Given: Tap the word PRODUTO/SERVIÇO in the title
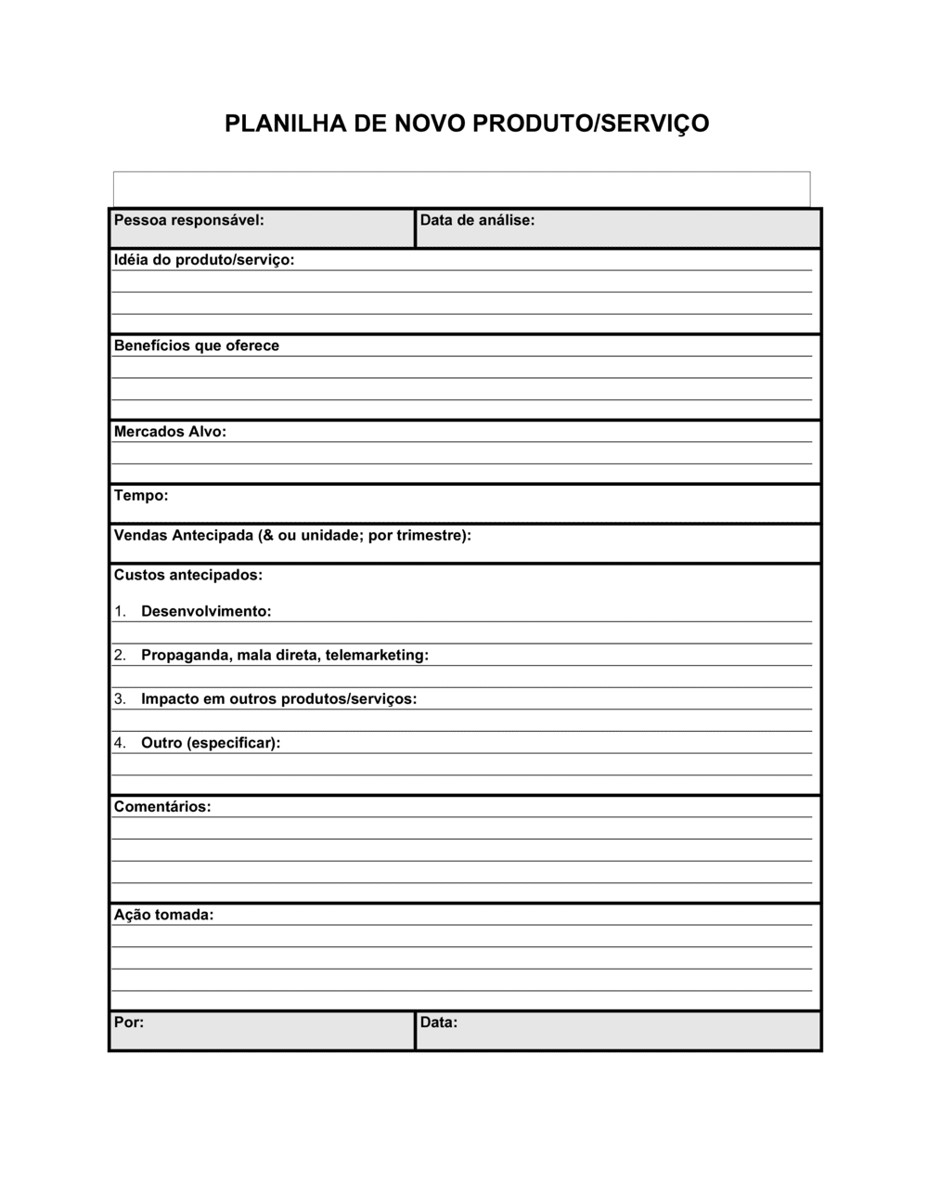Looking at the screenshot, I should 591,124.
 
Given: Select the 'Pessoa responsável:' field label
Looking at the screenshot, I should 188,220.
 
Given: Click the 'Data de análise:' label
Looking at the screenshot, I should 477,220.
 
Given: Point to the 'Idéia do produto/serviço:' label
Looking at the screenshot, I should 204,260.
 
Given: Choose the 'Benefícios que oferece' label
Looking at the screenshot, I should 196,345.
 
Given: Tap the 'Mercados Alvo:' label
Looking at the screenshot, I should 170,432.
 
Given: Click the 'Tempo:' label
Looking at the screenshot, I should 141,496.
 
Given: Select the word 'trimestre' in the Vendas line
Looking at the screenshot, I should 429,536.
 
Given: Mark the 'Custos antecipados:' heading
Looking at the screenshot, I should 188,576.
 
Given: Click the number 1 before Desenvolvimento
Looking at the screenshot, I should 119,612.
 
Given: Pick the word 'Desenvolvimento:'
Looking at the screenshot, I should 206,612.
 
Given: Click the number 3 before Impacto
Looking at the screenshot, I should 119,699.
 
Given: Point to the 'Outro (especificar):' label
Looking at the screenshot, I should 211,743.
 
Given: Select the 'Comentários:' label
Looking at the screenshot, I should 162,807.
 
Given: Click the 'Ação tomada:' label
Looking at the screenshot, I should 163,915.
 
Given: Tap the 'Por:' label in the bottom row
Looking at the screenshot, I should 129,1022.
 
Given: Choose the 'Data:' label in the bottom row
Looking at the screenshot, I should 439,1022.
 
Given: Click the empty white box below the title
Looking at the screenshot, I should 461,189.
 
